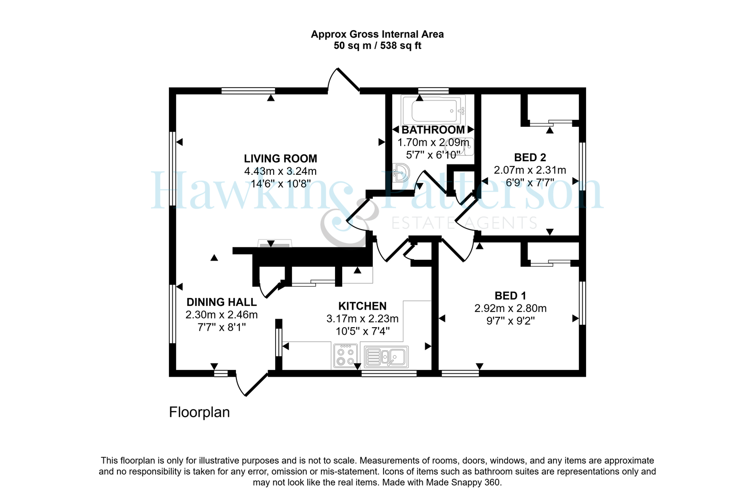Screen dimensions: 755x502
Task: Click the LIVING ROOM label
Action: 280,158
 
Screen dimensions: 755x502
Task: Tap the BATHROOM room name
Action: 433,130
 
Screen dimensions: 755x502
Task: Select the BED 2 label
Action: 530,157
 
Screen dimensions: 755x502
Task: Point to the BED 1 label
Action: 510,296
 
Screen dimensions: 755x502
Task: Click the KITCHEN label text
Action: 362,306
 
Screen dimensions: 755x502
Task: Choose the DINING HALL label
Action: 222,302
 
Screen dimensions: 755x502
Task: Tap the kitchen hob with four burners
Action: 345,356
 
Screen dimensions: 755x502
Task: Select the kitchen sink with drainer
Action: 386,356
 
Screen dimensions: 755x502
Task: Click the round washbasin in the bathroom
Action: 402,173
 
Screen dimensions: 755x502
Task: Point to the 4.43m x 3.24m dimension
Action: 280,172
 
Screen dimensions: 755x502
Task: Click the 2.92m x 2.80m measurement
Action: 510,308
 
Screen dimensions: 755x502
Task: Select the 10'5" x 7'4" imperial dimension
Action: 363,331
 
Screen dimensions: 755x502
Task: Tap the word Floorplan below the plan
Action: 199,412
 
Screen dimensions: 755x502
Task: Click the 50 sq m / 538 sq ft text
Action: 377,45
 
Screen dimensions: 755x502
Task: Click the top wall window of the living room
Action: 248,91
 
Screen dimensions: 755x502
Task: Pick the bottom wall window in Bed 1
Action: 460,373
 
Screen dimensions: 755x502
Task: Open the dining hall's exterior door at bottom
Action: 252,383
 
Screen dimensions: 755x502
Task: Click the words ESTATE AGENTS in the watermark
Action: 463,223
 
